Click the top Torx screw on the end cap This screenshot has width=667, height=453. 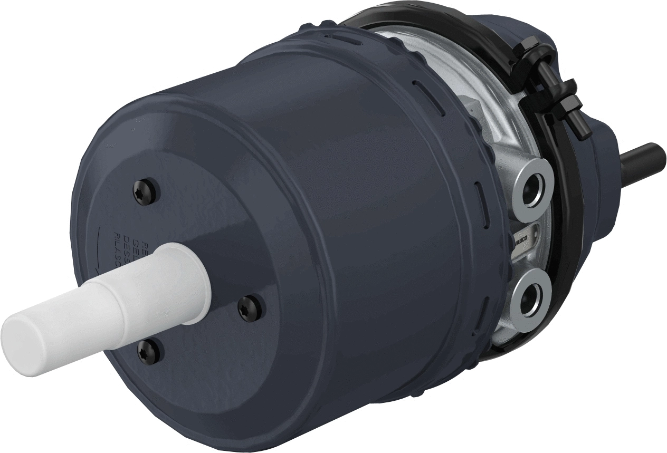pyautogui.click(x=145, y=190)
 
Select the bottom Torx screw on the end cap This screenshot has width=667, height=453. pyautogui.click(x=148, y=350)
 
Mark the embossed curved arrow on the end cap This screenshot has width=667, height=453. pyautogui.click(x=100, y=248)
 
